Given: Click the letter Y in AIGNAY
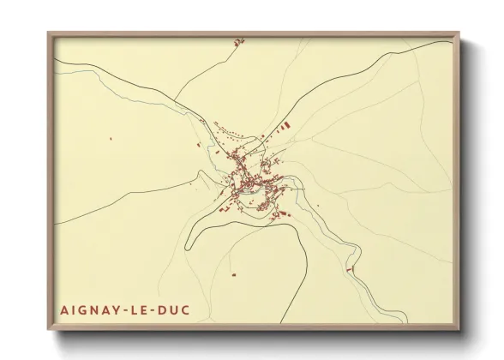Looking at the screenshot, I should coord(119,309).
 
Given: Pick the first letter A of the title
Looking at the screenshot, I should coord(64,309).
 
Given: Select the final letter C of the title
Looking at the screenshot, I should coord(188,309).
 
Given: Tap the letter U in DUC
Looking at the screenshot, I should coord(176,309).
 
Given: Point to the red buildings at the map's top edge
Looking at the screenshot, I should coord(239,40).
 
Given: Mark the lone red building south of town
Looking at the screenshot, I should coord(232,275).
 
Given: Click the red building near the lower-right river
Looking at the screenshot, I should coord(349,270).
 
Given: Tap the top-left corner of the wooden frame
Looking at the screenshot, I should coord(49,33).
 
